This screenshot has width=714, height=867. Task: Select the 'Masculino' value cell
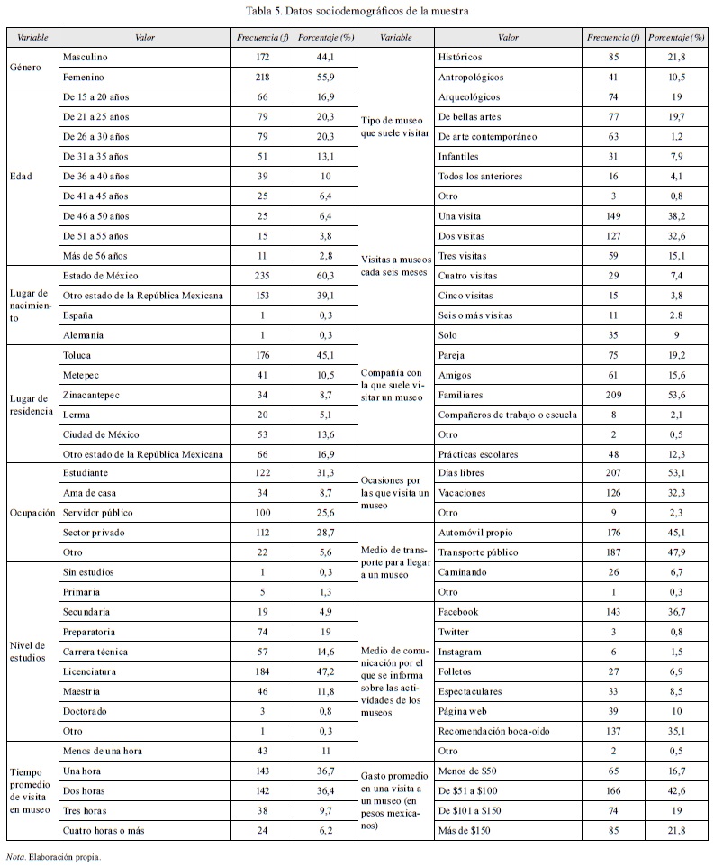click(x=84, y=58)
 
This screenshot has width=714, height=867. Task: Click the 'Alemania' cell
click(x=82, y=335)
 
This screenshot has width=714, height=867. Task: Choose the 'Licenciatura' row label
click(x=91, y=671)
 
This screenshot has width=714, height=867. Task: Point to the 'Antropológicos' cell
click(x=471, y=78)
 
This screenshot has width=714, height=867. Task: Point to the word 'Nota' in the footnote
click(x=14, y=858)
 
